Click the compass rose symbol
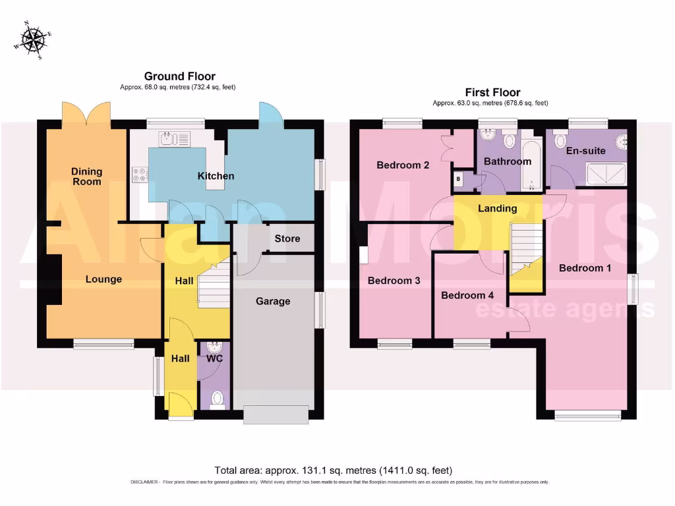tap(32, 40)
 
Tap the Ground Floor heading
tap(179, 76)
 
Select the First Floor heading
tap(492, 93)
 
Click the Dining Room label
tap(87, 176)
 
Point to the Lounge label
tap(103, 279)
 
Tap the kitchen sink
tap(173, 139)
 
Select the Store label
tap(287, 239)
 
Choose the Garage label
tap(273, 301)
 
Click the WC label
tap(216, 359)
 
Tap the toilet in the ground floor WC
tap(216, 398)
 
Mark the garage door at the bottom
tap(276, 414)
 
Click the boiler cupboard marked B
tap(458, 179)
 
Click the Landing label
tap(498, 209)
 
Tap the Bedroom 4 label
tap(467, 295)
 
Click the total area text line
tap(333, 470)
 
